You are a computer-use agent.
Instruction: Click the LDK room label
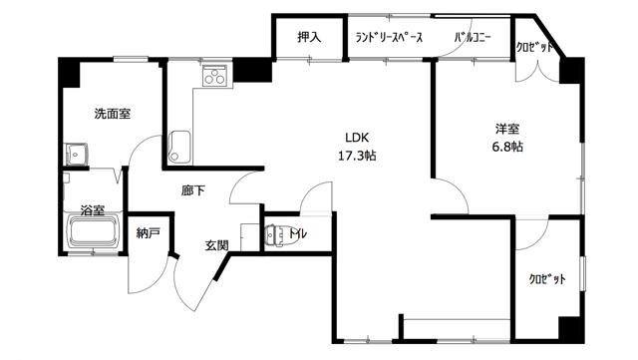(357, 138)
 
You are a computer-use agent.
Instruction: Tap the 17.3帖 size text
(357, 156)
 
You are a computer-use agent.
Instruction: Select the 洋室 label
(507, 129)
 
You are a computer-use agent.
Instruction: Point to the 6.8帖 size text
(507, 147)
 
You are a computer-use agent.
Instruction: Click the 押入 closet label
(309, 38)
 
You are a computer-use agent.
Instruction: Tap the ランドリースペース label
(389, 38)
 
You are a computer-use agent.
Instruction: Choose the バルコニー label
(473, 38)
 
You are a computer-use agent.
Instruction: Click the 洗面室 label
(113, 114)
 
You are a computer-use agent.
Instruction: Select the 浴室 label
(93, 210)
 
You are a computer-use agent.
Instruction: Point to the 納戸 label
(148, 233)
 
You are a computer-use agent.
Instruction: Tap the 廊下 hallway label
(193, 190)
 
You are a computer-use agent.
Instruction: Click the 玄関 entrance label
(216, 245)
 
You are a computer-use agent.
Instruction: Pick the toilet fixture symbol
(275, 235)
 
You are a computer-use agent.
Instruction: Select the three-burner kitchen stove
(214, 75)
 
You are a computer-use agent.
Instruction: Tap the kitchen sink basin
(179, 147)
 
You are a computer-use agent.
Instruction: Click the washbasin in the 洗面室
(76, 154)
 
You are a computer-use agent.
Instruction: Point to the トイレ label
(298, 233)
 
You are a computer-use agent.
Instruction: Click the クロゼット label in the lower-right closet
(547, 279)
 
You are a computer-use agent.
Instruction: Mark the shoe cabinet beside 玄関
(250, 237)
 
